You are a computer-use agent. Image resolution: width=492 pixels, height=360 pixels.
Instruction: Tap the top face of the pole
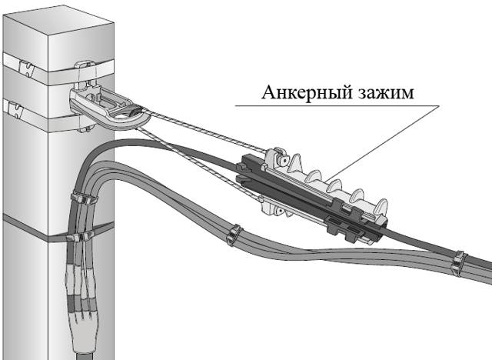pos(58,23)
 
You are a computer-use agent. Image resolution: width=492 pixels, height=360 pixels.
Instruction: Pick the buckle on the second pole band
pos(15,110)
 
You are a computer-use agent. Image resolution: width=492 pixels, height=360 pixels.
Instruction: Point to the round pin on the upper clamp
pos(284,160)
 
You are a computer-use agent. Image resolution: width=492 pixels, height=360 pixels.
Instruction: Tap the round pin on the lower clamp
pos(278,212)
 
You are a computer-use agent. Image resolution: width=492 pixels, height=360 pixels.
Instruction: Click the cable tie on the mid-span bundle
pos(234,235)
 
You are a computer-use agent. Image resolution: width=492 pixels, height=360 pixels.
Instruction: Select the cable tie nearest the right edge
pos(459,263)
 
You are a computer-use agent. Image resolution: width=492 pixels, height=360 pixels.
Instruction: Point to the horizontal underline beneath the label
pos(337,105)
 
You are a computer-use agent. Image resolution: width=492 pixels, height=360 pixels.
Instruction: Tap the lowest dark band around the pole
pos(58,231)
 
